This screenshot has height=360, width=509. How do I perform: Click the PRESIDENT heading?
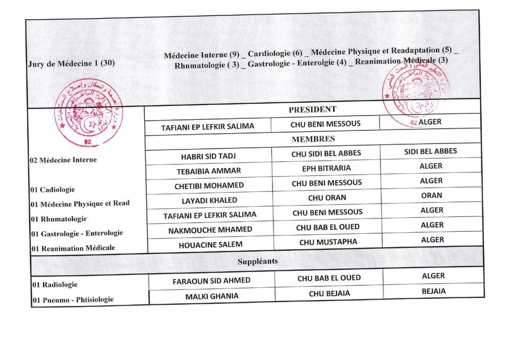pos(312,109)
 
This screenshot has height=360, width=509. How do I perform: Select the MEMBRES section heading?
pos(313,139)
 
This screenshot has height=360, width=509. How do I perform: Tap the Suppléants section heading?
pos(258,261)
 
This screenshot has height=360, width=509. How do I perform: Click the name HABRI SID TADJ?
pos(208,156)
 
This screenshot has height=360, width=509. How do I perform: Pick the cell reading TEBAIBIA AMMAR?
pos(208,171)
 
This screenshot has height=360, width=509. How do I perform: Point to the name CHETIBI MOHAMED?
pos(209,186)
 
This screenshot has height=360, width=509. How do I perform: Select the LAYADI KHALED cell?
pos(209,200)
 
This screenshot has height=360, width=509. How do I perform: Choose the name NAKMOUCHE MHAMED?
pos(210,230)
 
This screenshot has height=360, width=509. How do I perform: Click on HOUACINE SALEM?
pos(210,244)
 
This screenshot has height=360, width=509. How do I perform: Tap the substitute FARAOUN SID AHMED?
pos(211,280)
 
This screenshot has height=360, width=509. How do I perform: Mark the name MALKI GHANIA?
pos(212,296)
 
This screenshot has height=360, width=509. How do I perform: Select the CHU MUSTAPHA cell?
pos(328,242)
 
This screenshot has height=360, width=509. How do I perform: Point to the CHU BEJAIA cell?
pos(329,293)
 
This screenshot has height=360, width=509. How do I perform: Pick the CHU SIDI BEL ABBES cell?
pos(326,153)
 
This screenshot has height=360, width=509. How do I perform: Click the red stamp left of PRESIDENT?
pos(89,112)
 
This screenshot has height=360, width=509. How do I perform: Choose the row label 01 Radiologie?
pos(55,285)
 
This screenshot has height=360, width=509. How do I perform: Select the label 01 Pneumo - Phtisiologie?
pos(73,300)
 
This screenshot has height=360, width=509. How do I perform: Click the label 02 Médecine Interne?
pos(63,160)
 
